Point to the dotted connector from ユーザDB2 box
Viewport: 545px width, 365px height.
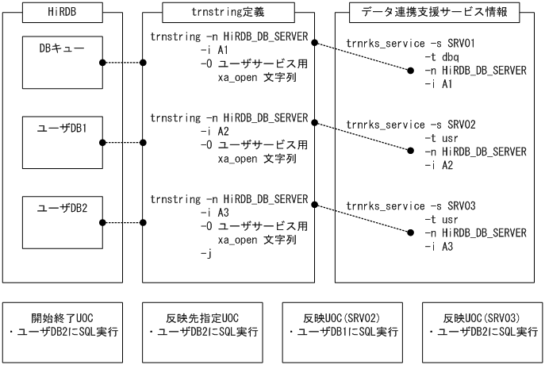[123, 223]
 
